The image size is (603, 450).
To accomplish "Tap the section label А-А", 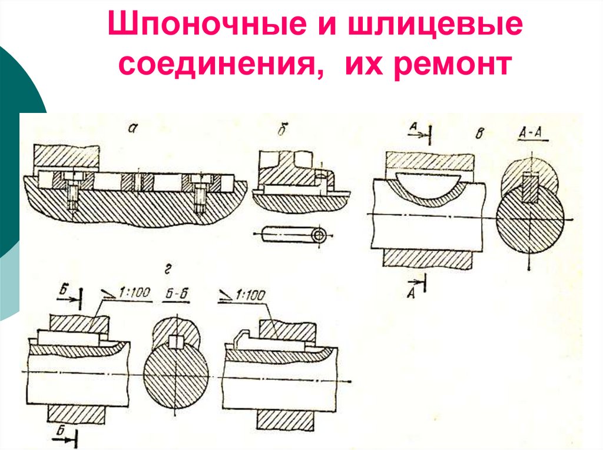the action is pyautogui.click(x=533, y=135).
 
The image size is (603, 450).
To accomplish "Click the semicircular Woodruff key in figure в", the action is pyautogui.click(x=426, y=183).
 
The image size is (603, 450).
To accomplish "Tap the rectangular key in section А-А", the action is pyautogui.click(x=531, y=187).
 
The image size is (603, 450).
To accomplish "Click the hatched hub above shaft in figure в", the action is pyautogui.click(x=429, y=160).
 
